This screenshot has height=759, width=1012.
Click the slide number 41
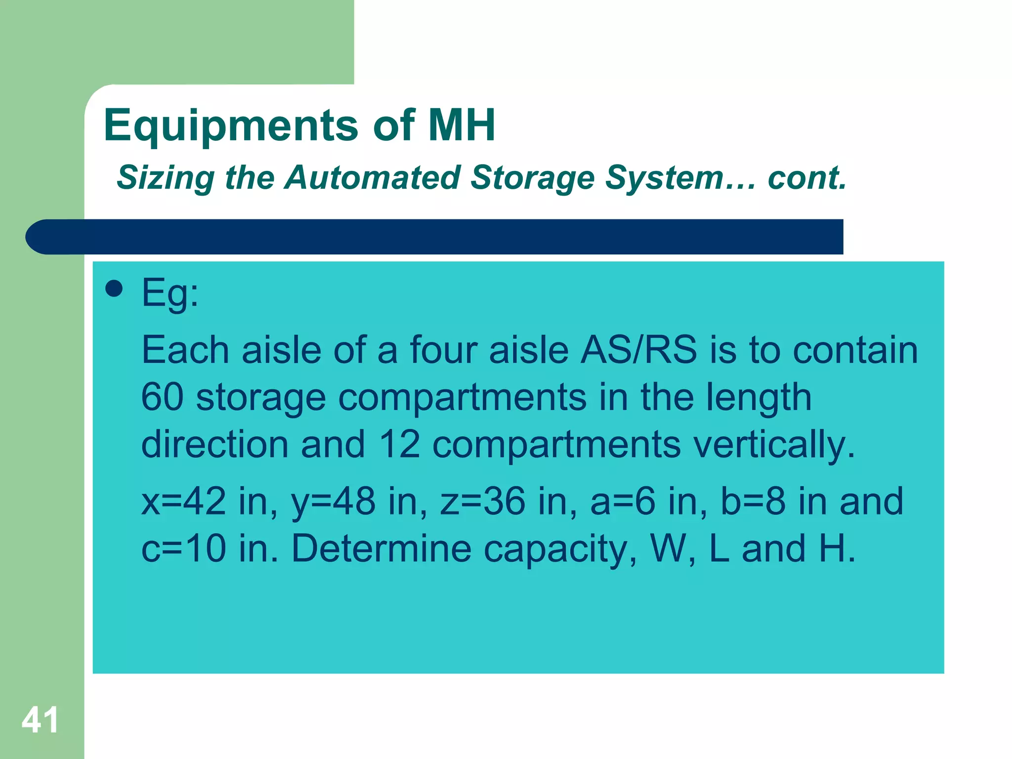coord(40,720)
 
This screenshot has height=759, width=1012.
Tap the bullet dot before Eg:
coord(114,289)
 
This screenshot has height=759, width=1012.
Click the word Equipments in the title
coord(230,126)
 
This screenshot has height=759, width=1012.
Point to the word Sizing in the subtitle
coord(166,178)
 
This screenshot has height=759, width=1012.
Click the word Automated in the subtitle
coord(373,178)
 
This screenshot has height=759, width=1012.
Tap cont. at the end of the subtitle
coord(807,178)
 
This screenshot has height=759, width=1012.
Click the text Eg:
coord(170,293)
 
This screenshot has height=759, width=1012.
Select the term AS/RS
coord(638,350)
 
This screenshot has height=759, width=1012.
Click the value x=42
coord(184,501)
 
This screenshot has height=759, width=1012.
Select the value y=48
coord(333,501)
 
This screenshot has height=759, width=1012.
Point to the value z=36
coord(482,501)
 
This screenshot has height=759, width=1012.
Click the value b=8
coord(753,501)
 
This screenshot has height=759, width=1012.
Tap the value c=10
coord(184,548)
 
